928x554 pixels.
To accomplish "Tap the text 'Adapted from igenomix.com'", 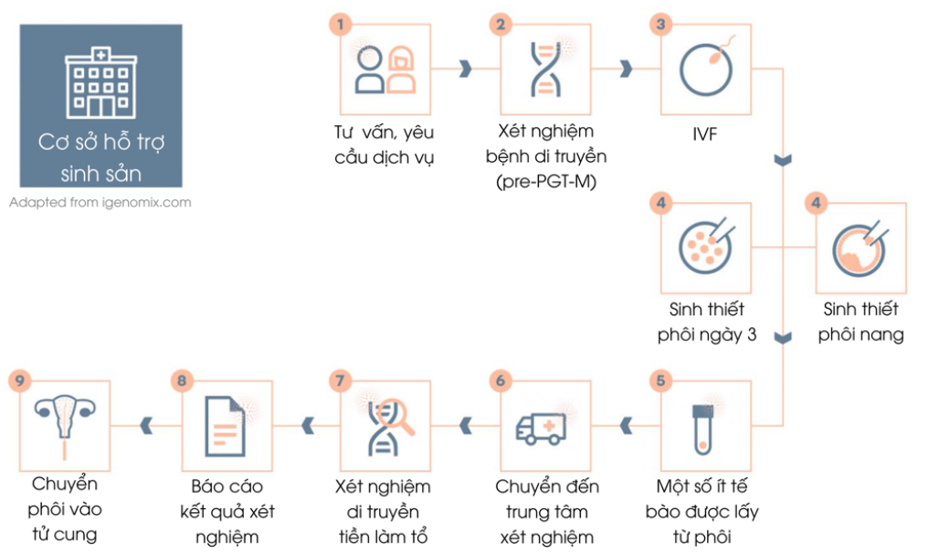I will pos(100,202).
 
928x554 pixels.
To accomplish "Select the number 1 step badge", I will pos(342,24).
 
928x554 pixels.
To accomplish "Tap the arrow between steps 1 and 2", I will pos(466,69).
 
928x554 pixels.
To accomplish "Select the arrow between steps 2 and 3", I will pos(627,69).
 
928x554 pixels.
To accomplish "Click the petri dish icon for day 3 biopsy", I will pos(705,245).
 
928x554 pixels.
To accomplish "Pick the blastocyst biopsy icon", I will pos(861,247).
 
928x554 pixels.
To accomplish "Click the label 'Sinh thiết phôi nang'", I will pos(861,322).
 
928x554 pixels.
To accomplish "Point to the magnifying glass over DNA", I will pos(396,416).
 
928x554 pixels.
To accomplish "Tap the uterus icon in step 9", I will pos(63,421).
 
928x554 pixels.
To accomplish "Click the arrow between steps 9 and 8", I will pos(144,422).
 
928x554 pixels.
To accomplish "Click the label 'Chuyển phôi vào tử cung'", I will pos(65,509).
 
